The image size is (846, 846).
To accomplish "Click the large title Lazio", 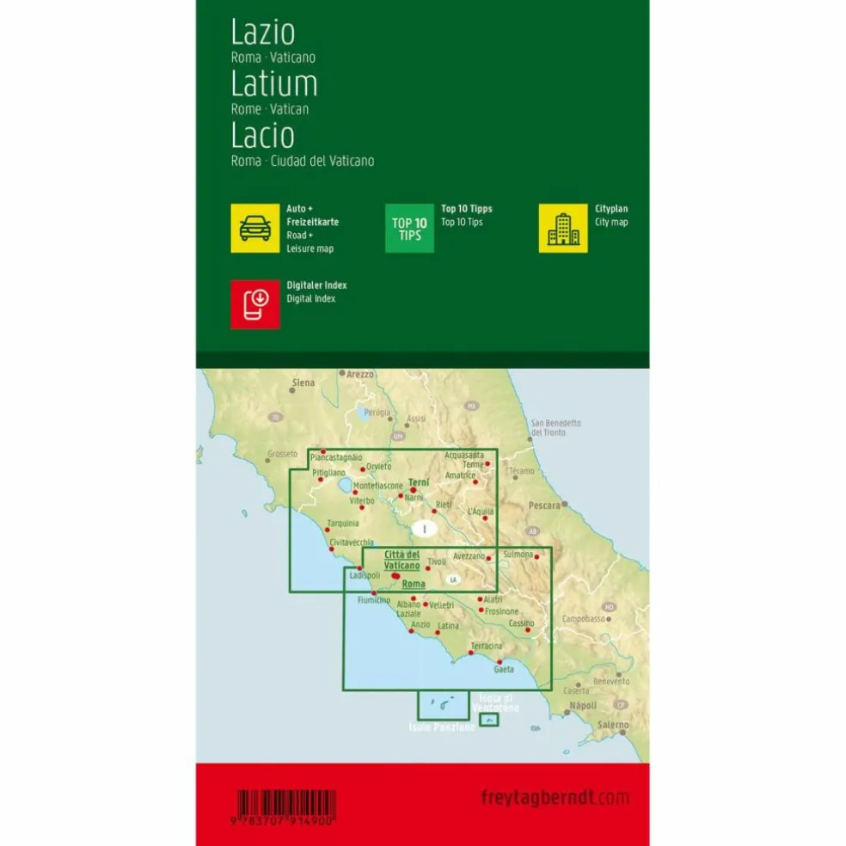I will point(262,32).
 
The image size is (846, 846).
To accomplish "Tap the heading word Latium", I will point(274,83).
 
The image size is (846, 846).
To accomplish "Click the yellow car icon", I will point(255,228).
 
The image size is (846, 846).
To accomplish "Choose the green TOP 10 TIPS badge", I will point(409,229).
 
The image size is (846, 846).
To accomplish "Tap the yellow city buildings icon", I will point(563,228).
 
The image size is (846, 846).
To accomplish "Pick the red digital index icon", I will point(255,303).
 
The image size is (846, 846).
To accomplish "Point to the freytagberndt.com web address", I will point(555,798).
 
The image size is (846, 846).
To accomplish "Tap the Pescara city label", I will point(545,505).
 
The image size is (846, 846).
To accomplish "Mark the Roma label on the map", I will point(414,584).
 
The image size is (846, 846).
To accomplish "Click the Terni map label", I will point(419,483).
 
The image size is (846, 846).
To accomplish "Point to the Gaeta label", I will point(504,669).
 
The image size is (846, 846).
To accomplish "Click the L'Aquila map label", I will point(480,512).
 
